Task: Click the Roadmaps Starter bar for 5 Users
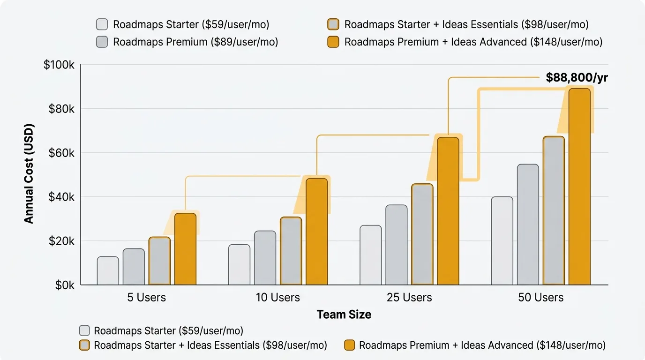[108, 270]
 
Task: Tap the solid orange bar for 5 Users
[185, 249]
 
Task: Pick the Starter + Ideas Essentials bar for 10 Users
[291, 251]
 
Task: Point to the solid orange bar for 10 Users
[317, 232]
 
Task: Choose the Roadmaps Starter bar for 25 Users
[371, 255]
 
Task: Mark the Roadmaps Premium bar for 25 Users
[397, 245]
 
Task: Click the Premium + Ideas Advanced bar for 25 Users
[448, 211]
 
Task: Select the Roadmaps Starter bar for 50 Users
[502, 240]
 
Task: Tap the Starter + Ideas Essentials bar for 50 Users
[554, 210]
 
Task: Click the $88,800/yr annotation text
[577, 77]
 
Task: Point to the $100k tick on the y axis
[59, 65]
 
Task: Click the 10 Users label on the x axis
[277, 298]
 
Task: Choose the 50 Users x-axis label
[540, 298]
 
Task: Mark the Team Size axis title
[344, 315]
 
